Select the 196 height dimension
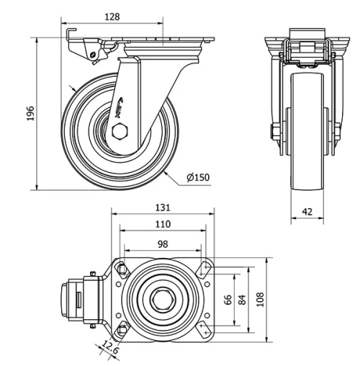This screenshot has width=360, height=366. pyautogui.click(x=30, y=115)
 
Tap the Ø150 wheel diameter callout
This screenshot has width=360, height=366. pyautogui.click(x=197, y=177)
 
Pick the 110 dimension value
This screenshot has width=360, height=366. pyautogui.click(x=163, y=224)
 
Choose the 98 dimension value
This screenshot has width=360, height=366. pyautogui.click(x=163, y=243)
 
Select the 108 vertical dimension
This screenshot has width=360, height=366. pyautogui.click(x=261, y=299)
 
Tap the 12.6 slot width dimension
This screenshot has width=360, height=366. pyautogui.click(x=109, y=348)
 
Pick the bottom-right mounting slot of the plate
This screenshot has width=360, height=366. pyautogui.click(x=204, y=329)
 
